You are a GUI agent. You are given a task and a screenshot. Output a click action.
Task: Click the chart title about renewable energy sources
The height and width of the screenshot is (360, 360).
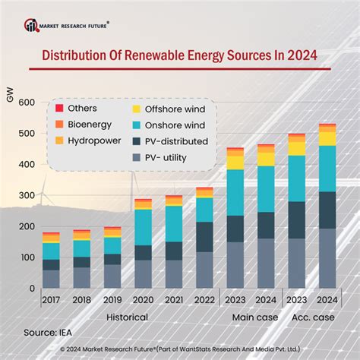179,56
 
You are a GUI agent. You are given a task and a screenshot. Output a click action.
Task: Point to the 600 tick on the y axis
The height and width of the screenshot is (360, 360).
27,103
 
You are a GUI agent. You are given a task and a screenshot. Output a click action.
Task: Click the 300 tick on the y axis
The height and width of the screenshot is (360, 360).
27,196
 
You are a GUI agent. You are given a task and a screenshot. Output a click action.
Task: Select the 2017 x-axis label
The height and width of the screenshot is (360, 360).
51,299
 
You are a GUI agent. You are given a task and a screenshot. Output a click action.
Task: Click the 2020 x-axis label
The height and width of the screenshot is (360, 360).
143,299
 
